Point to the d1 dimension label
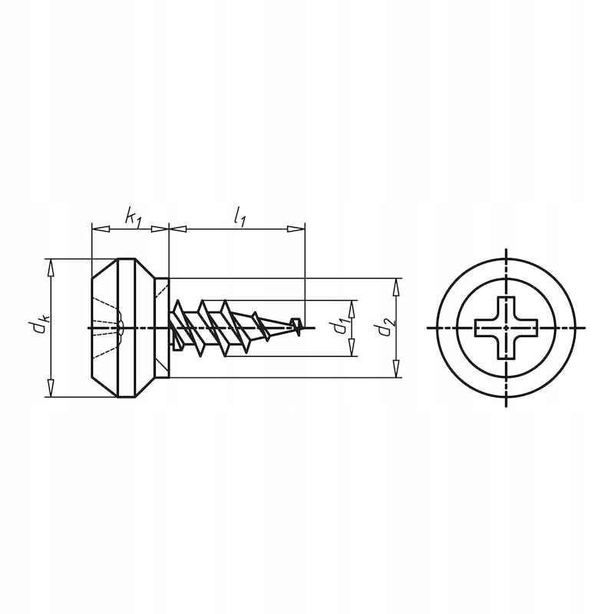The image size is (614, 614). pos(338,328)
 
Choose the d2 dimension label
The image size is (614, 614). pos(381,328)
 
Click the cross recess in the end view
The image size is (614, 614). pos(507,328)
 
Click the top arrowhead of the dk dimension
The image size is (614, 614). pos(51,266)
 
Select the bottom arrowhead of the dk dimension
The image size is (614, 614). pos(51,391)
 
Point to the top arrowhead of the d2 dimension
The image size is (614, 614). pos(396,283)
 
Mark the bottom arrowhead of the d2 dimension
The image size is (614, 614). pos(396,372)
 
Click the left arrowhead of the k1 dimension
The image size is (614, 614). pos(97,228)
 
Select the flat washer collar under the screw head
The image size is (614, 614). pos(160,328)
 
